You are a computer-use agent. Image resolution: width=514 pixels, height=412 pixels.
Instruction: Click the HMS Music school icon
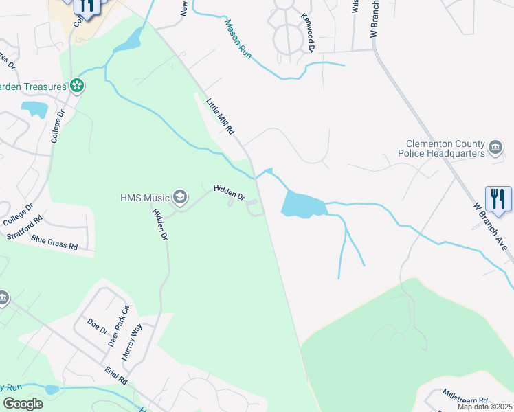pyautogui.click(x=180, y=198)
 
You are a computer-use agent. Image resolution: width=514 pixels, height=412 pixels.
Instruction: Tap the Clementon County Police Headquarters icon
pyautogui.click(x=495, y=148)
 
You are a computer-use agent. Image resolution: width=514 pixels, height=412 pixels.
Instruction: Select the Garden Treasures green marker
pyautogui.click(x=77, y=86)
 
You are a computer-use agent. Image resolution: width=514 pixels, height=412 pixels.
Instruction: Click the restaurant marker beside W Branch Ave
pyautogui.click(x=498, y=199)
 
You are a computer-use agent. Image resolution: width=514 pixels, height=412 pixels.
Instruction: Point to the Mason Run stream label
pyautogui.click(x=238, y=38)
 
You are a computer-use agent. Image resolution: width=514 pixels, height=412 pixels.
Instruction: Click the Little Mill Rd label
pyautogui.click(x=221, y=116)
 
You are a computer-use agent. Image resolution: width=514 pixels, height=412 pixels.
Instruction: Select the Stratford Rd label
pyautogui.click(x=25, y=228)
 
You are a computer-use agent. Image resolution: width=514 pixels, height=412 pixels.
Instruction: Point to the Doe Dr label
pyautogui.click(x=98, y=325)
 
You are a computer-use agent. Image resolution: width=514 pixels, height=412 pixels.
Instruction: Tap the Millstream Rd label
pyautogui.click(x=465, y=398)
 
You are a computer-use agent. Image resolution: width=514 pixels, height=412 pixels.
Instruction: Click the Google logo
pyautogui.click(x=23, y=403)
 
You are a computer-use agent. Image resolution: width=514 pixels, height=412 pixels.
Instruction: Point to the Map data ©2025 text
pyautogui.click(x=484, y=407)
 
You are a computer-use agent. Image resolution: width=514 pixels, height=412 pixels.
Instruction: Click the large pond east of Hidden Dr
pyautogui.click(x=302, y=205)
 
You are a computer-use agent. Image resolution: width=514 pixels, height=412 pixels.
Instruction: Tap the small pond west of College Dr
pyautogui.click(x=33, y=108)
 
